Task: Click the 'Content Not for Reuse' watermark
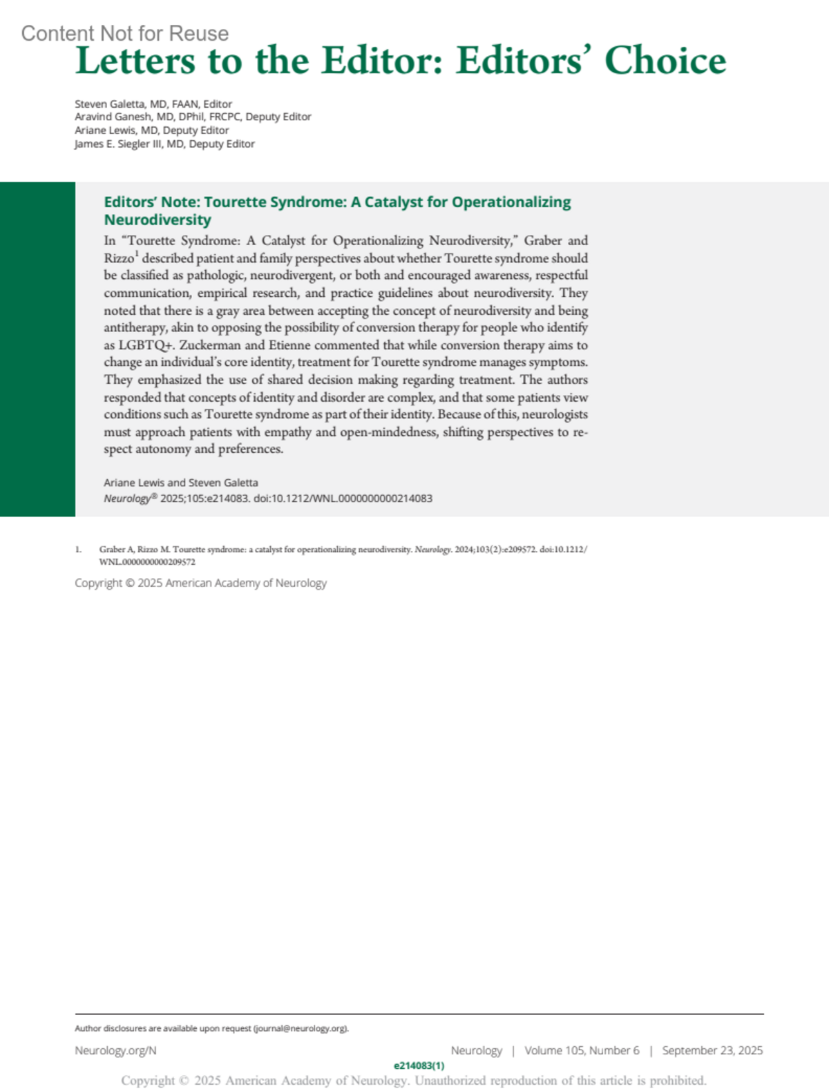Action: (124, 33)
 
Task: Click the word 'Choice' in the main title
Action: (665, 61)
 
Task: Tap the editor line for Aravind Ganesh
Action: (193, 117)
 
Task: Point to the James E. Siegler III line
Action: (164, 144)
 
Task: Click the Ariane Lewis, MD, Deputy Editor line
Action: (151, 130)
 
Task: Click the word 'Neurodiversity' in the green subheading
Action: (158, 220)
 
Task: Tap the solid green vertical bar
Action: (37, 349)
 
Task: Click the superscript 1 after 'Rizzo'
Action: (137, 253)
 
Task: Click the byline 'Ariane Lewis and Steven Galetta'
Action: (181, 483)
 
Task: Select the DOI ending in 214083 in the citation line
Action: (343, 498)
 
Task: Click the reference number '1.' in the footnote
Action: (78, 550)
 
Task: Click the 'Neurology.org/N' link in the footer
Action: (115, 1050)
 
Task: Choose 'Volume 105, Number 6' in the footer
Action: (582, 1050)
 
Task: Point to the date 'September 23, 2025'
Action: (712, 1050)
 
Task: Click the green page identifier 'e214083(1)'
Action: (419, 1065)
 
